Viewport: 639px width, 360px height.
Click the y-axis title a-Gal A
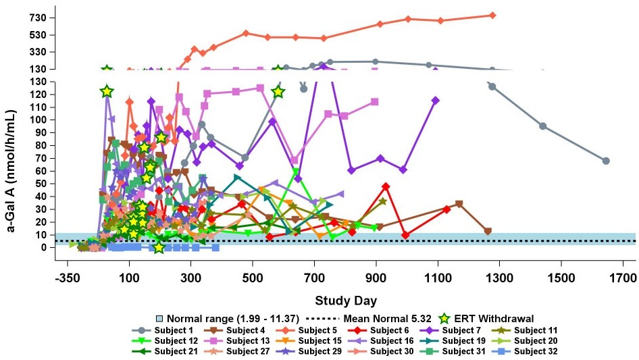pyautogui.click(x=11, y=172)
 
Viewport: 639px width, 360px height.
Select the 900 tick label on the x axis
pyautogui.click(x=376, y=278)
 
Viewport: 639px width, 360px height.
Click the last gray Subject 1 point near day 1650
pyautogui.click(x=606, y=161)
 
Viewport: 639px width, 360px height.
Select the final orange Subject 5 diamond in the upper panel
pyautogui.click(x=492, y=15)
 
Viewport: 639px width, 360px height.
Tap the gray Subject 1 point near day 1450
pyautogui.click(x=542, y=126)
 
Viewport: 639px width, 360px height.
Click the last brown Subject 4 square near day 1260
pyautogui.click(x=488, y=231)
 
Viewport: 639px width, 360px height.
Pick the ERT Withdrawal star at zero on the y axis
pyautogui.click(x=159, y=248)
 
